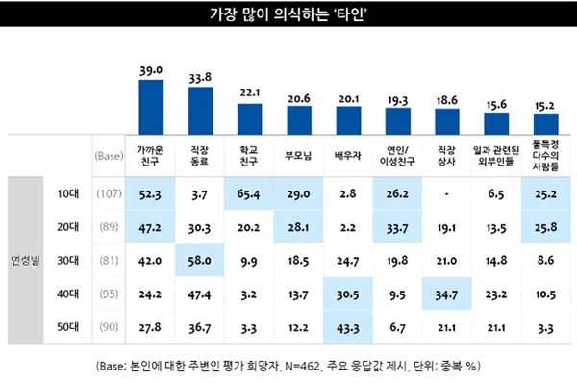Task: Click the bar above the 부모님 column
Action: click(299, 119)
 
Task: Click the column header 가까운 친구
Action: click(151, 154)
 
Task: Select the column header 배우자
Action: click(348, 154)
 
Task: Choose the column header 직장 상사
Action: click(447, 154)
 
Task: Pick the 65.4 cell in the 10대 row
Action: click(250, 193)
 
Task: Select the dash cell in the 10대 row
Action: click(447, 193)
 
